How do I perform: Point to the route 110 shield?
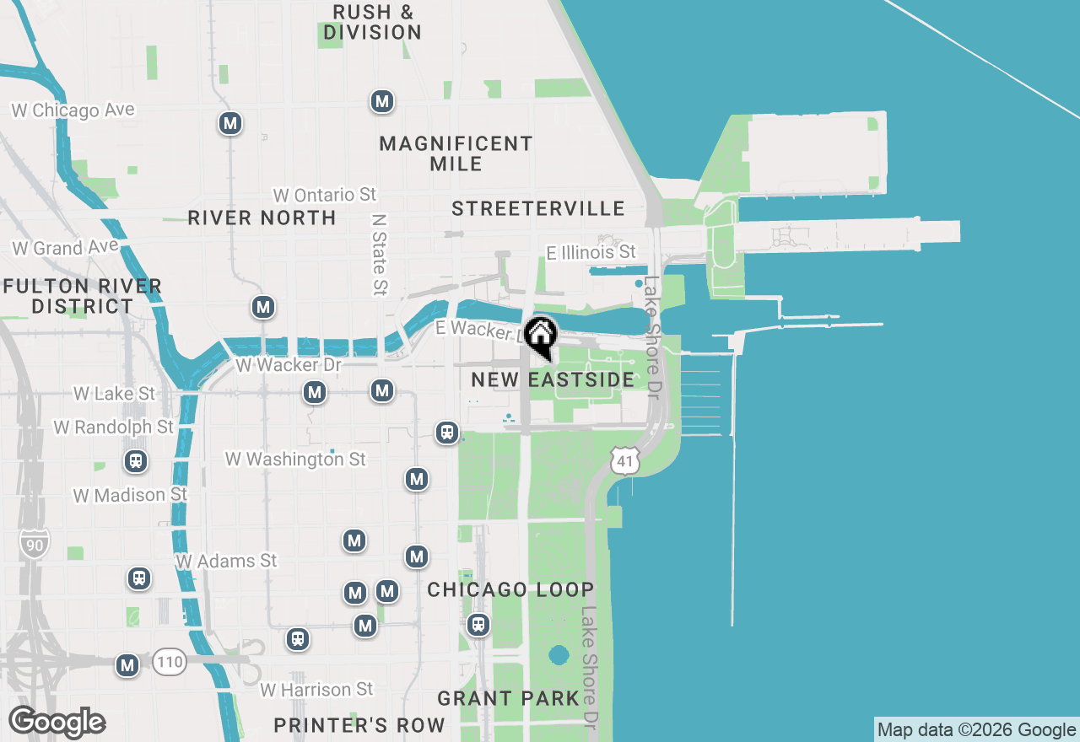(170, 662)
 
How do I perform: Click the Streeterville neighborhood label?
(537, 208)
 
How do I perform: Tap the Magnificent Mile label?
(456, 153)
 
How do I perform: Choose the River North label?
(262, 218)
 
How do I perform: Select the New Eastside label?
(553, 379)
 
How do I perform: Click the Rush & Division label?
(372, 23)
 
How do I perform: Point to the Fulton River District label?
(82, 296)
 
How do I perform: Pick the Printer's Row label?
(359, 725)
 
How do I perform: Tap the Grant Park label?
(508, 698)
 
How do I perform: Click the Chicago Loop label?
(510, 589)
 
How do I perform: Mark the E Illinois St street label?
(591, 252)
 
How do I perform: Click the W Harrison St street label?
(316, 690)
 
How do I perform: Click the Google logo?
(57, 723)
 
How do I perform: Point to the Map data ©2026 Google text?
(976, 730)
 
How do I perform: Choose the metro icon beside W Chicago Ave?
(229, 123)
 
